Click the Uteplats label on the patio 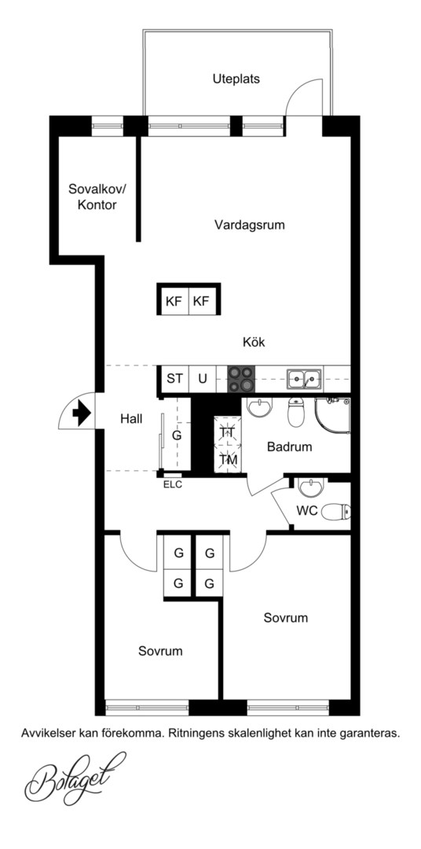tap(236, 79)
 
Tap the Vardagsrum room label tap(250, 225)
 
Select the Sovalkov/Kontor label tap(97, 197)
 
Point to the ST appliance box tap(174, 378)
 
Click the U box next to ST tap(202, 378)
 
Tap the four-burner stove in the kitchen tap(241, 379)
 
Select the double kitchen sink tap(304, 379)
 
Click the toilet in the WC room tap(336, 511)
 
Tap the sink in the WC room tap(310, 487)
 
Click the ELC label tap(173, 485)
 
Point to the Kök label tap(254, 342)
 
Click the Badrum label tap(290, 447)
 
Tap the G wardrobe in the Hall tap(177, 435)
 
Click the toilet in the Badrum tap(296, 411)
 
